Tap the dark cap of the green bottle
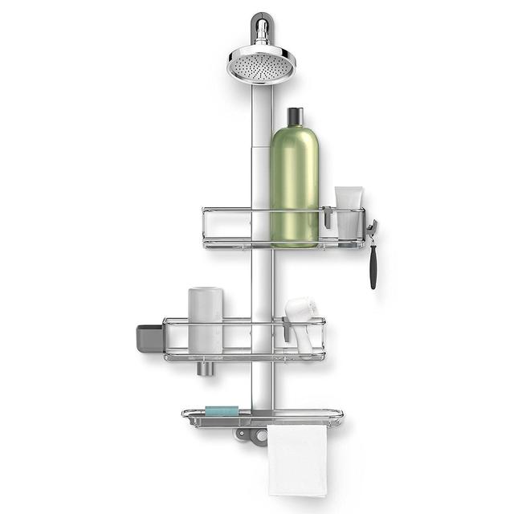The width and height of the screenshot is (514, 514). pos(295,117)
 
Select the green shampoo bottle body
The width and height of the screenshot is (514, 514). pos(294,185)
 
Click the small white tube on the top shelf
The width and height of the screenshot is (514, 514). pos(349,210)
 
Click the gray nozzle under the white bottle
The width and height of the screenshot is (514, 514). pos(205,368)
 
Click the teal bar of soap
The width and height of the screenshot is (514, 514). pos(222,411)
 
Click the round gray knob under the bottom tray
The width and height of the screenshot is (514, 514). pos(259,436)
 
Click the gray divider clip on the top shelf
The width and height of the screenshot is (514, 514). pos(327,217)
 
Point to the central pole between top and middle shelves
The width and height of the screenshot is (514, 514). pos(262,281)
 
